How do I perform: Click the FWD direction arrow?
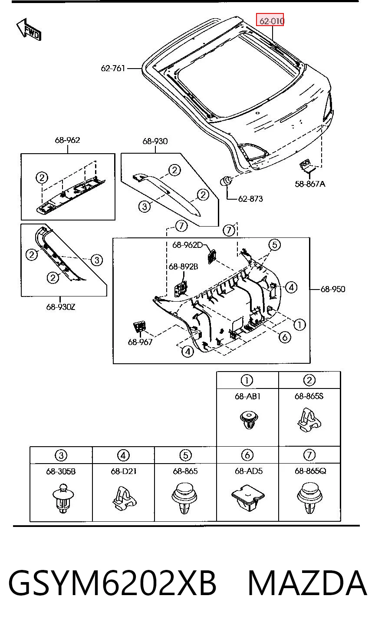pyautogui.click(x=29, y=30)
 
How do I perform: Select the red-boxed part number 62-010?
pyautogui.click(x=270, y=20)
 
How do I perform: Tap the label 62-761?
pyautogui.click(x=113, y=68)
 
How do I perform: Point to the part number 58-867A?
pyautogui.click(x=310, y=184)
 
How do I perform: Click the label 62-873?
pyautogui.click(x=250, y=199)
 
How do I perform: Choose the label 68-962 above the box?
pyautogui.click(x=67, y=140)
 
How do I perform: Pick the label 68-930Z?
pyautogui.click(x=61, y=307)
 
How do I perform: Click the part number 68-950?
pyautogui.click(x=333, y=289)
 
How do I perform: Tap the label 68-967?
pyautogui.click(x=140, y=342)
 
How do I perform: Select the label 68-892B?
pyautogui.click(x=184, y=267)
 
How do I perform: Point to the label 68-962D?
pyautogui.click(x=187, y=245)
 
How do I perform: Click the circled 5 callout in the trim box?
pyautogui.click(x=275, y=244)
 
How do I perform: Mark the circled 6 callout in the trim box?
pyautogui.click(x=284, y=337)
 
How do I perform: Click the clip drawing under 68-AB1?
pyautogui.click(x=249, y=420)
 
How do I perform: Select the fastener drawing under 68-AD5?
pyautogui.click(x=248, y=498)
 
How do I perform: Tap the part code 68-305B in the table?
pyautogui.click(x=61, y=471)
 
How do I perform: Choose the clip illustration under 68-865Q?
pyautogui.click(x=309, y=498)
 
